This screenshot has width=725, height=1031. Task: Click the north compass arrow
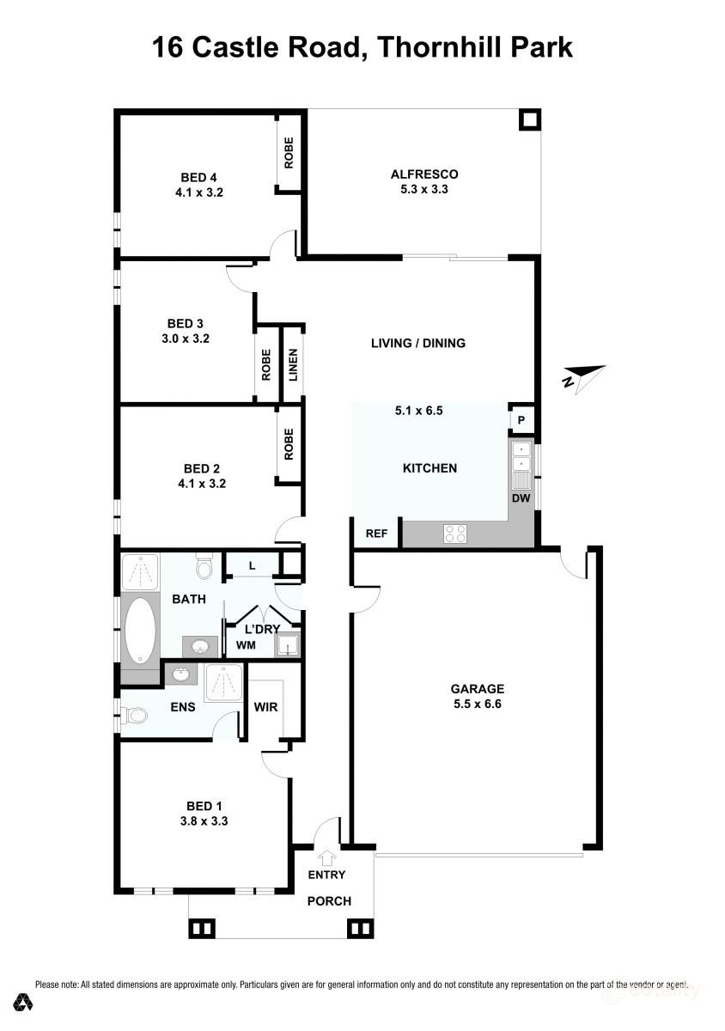(583, 376)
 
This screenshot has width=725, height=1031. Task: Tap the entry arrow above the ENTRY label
(326, 857)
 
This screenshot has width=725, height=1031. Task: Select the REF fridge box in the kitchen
(376, 533)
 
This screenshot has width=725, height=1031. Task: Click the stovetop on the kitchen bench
(454, 534)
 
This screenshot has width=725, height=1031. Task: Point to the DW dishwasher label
(521, 498)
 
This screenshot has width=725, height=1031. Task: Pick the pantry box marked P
(521, 420)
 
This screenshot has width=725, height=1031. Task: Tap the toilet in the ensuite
(134, 714)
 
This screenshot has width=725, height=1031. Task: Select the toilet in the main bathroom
(204, 567)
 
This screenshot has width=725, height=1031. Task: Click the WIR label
(265, 708)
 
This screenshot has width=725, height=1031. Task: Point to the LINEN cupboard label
(293, 365)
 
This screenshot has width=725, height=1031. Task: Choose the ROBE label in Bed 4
(289, 153)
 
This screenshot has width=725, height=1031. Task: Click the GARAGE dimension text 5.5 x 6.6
(477, 704)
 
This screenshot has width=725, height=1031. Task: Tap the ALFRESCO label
(418, 174)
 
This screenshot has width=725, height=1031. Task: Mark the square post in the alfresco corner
(530, 120)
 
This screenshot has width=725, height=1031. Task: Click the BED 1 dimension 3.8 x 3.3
(204, 821)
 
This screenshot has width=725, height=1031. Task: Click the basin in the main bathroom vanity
(201, 646)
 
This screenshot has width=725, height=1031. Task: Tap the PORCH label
(329, 901)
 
